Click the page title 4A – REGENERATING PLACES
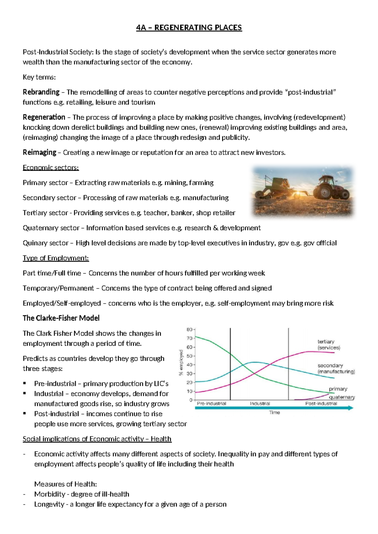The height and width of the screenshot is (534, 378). (189, 28)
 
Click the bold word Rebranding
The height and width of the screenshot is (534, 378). (41, 92)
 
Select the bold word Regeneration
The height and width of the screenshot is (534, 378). (44, 117)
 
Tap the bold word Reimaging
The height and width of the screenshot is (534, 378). (39, 152)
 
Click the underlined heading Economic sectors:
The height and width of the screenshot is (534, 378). (51, 168)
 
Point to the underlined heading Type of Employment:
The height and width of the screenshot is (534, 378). (56, 258)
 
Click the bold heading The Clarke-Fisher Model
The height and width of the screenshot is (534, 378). (61, 318)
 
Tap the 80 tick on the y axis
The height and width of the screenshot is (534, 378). (190, 330)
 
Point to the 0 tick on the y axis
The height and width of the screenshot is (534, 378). (191, 400)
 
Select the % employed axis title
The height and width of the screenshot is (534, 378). (181, 362)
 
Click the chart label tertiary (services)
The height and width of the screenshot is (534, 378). (329, 344)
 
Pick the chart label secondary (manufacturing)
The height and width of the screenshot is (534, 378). (336, 368)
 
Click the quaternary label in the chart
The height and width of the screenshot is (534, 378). (342, 397)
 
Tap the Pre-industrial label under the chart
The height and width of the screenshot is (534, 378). (211, 403)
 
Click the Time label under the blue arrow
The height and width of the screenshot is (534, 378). (274, 412)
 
